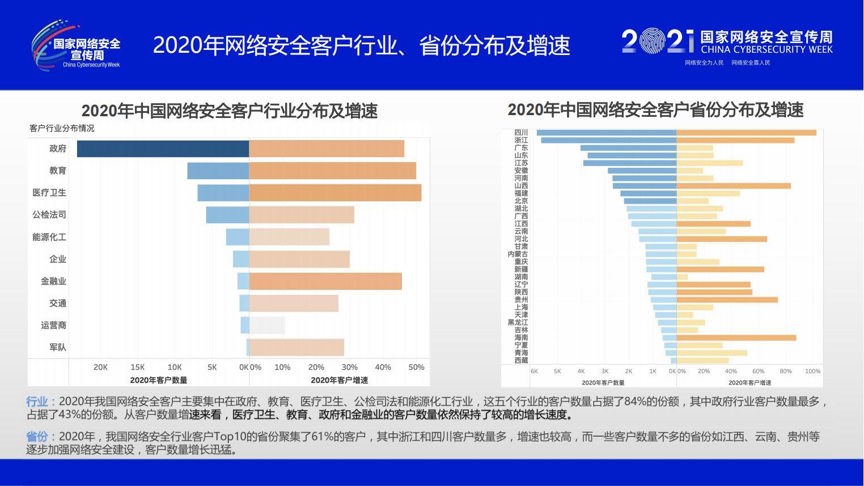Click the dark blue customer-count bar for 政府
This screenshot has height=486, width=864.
(x=163, y=149)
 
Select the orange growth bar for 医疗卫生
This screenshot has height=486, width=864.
(x=335, y=193)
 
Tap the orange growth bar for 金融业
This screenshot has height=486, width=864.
(x=325, y=281)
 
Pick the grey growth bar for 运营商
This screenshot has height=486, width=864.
(x=267, y=326)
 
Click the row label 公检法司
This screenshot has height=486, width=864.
(x=49, y=215)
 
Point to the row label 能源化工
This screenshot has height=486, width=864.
(x=49, y=237)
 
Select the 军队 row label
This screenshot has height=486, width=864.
(x=58, y=348)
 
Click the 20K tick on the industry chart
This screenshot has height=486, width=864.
(x=100, y=367)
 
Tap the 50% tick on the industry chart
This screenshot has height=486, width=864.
(x=416, y=367)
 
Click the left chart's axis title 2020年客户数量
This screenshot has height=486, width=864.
(x=159, y=381)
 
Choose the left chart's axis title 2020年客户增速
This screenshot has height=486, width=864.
(x=339, y=381)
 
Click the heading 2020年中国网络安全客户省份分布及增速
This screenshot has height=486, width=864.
(x=655, y=110)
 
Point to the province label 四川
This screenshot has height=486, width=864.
(x=521, y=133)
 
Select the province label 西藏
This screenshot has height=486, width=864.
(x=521, y=361)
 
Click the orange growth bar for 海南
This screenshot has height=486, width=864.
(x=736, y=338)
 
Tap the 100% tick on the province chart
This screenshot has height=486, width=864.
(x=812, y=371)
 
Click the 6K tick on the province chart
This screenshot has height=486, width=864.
(x=534, y=371)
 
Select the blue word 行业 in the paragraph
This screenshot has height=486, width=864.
(x=37, y=402)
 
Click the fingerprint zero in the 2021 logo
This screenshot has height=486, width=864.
(x=652, y=41)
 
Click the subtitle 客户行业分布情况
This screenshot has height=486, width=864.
(x=62, y=129)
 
